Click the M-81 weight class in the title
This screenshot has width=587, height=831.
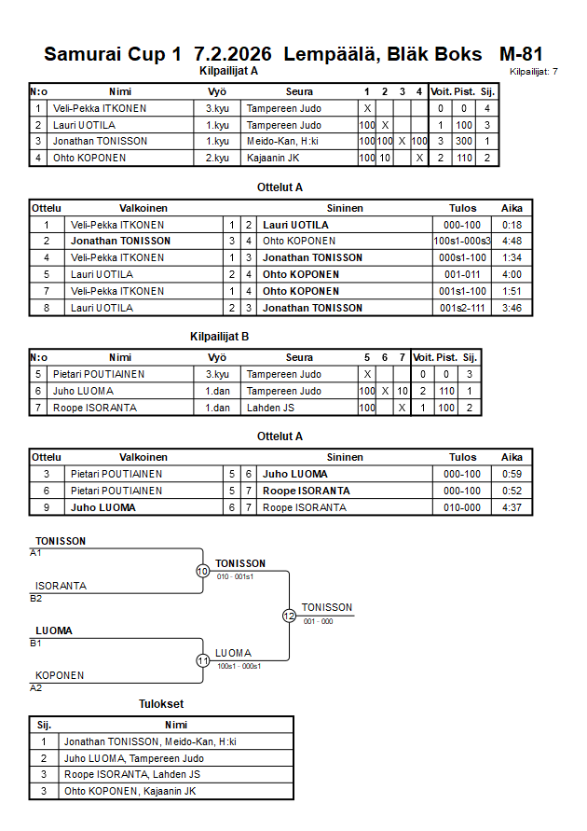[521, 54]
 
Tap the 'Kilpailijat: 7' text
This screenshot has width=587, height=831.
[534, 71]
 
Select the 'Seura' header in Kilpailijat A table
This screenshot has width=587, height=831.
[299, 91]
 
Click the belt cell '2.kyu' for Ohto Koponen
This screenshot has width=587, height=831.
[217, 158]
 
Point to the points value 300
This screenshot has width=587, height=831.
[466, 142]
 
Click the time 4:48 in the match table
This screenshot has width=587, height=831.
[512, 241]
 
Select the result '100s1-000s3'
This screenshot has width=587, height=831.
[462, 241]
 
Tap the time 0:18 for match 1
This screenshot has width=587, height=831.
[512, 225]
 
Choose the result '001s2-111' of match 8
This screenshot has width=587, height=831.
[462, 308]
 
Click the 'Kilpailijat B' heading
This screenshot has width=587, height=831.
[219, 337]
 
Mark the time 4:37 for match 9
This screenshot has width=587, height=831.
[512, 507]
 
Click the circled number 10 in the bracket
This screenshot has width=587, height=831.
[202, 571]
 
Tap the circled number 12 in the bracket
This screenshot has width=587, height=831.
[289, 616]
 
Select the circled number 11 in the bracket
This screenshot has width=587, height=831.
[202, 660]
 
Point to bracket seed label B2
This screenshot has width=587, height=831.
[36, 598]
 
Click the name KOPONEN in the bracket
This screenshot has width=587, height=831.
[60, 675]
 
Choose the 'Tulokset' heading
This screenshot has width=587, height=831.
[161, 704]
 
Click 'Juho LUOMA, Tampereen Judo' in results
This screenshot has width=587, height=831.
[133, 758]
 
